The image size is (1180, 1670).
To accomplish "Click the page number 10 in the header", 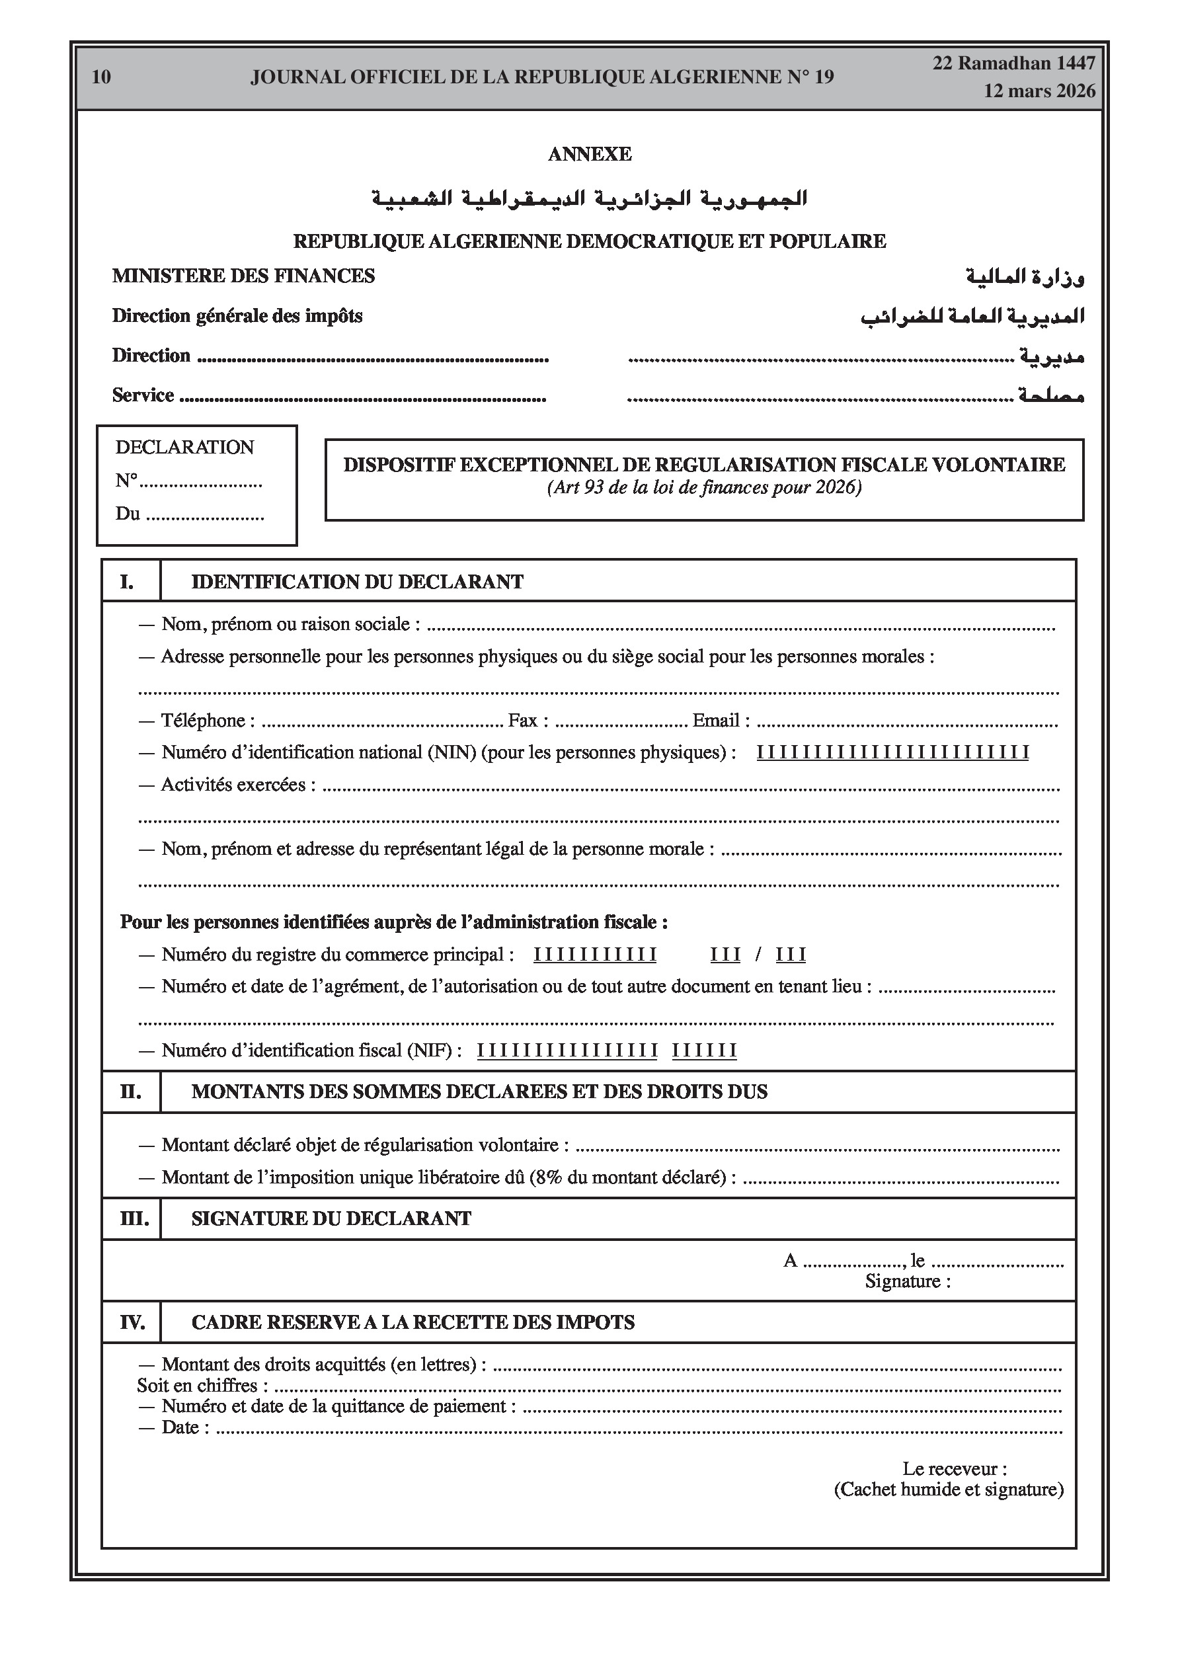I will [102, 77].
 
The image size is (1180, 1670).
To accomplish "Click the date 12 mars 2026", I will [1039, 91].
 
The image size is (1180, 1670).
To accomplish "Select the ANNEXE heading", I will [589, 154].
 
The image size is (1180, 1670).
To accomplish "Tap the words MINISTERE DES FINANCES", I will [243, 276].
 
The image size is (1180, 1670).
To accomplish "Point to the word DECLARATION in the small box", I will [185, 447].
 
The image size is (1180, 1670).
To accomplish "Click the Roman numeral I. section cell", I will [128, 582].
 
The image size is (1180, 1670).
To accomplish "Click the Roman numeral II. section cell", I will [130, 1092].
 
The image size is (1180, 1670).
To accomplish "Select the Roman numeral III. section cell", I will [132, 1219].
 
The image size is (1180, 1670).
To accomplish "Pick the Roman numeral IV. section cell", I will [132, 1322].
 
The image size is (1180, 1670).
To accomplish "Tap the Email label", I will [720, 720].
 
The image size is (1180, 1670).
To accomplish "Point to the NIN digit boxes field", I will [892, 753].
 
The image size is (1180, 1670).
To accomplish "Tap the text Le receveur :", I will [955, 1468].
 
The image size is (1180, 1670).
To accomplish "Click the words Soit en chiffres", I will [197, 1386].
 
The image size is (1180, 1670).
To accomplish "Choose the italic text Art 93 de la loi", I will [614, 487].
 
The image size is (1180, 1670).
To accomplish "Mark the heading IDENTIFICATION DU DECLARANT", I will [357, 582].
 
